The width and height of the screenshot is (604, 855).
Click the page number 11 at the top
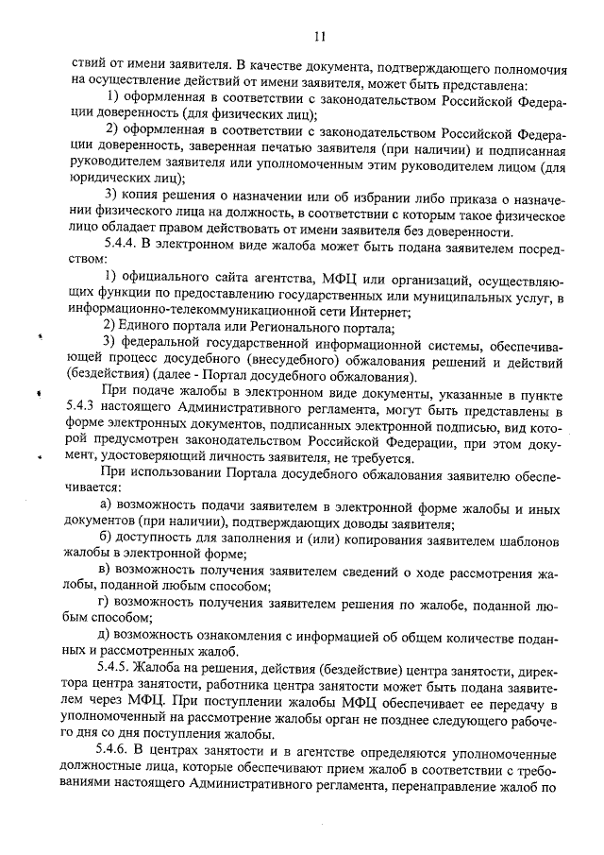point(320,37)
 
